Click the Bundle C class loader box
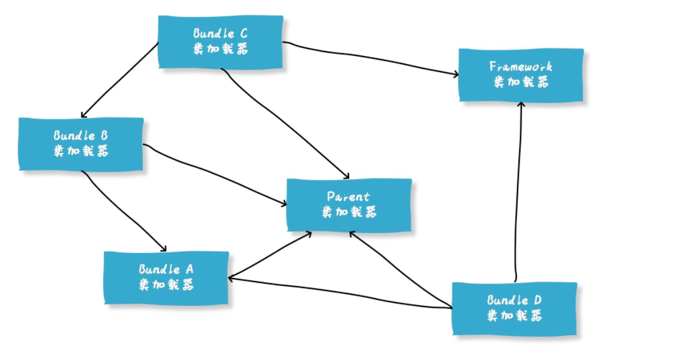221,42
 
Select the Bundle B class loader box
81,144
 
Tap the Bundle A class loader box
166,277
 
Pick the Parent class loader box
349,205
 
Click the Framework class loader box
521,75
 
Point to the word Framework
521,67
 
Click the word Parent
349,197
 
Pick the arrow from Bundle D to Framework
518,193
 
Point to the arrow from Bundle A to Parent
270,255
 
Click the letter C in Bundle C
243,34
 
